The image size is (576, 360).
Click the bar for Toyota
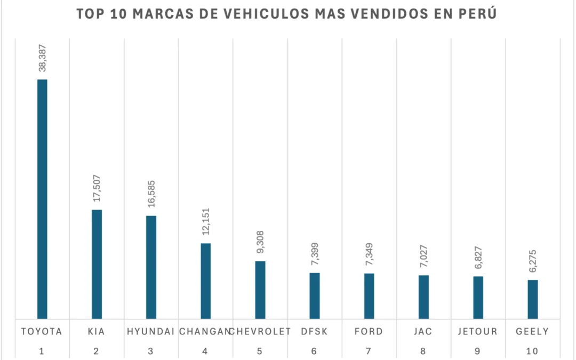pos(42,199)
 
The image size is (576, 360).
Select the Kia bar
pos(97,264)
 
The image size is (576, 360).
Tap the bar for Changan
pos(205,281)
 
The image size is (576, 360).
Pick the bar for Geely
pos(533,299)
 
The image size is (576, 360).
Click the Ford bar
pos(369,296)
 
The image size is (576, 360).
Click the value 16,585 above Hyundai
pos(151,194)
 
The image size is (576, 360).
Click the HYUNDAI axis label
pos(151,331)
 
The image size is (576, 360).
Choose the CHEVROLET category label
pos(261,331)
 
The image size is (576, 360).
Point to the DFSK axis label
pos(315,331)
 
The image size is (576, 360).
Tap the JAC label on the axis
pos(423,331)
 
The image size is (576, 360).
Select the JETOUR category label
pos(478,331)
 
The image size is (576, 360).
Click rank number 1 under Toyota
pos(42,351)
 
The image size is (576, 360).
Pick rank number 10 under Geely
pos(532,351)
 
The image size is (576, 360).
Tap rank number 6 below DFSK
pos(315,351)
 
